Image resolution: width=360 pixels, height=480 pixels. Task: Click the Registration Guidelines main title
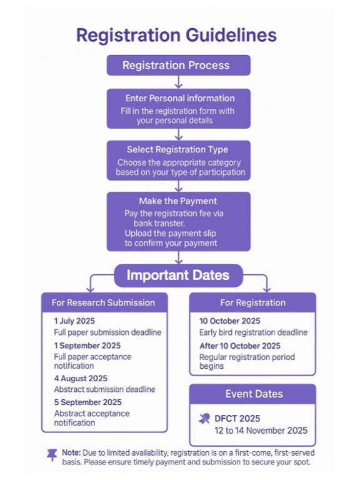coord(176,35)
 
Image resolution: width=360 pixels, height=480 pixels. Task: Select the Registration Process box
coord(179,65)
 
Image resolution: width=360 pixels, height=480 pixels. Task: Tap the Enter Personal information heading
coord(180,98)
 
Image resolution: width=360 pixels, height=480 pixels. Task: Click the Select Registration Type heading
coord(177,149)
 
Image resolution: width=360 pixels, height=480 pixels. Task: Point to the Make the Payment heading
coord(178,201)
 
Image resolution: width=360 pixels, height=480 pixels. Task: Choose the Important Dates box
coord(179,275)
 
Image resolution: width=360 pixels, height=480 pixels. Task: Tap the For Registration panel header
coord(252,302)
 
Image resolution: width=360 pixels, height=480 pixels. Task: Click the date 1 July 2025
coord(74,321)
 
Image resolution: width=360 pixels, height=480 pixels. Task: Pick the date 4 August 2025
coord(81,378)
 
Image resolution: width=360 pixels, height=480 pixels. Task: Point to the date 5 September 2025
coord(88,402)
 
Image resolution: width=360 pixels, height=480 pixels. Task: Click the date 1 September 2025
coord(87,346)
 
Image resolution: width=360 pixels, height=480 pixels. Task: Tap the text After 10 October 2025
coord(240,346)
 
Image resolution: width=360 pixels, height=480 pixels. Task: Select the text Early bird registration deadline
coord(254,332)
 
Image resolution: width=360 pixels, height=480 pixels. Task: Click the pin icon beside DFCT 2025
coord(204,419)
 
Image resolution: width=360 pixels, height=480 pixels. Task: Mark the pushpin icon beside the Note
coord(52,455)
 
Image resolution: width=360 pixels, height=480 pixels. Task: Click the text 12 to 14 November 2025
coord(261,431)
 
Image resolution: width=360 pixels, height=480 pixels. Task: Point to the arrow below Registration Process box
coord(179,82)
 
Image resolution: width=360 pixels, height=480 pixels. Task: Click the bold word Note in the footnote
coord(71,452)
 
